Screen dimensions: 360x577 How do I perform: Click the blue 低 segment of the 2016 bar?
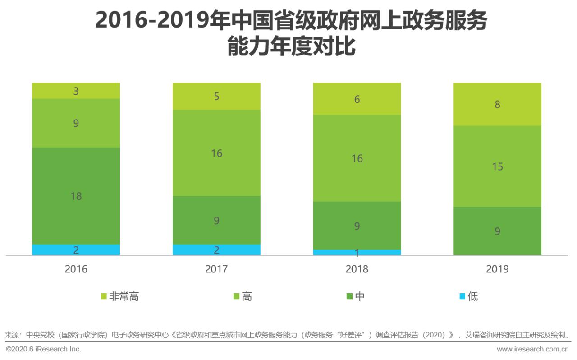point(76,250)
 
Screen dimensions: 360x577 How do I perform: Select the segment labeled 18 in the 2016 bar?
point(76,196)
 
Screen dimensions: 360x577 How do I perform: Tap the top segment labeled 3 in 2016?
point(76,91)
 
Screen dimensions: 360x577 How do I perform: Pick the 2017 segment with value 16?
point(216,153)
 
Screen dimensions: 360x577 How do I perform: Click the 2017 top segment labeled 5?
point(216,96)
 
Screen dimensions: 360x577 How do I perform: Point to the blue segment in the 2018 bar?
point(357,253)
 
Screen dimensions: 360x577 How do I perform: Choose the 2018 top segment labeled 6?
point(357,99)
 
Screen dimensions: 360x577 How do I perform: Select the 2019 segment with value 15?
point(497,166)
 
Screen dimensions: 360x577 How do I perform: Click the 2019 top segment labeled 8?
point(497,104)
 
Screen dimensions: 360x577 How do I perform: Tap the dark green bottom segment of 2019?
point(497,231)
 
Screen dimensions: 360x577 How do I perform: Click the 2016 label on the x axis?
point(76,269)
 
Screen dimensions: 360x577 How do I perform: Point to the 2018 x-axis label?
point(357,269)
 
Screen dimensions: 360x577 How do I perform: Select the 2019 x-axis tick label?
point(497,269)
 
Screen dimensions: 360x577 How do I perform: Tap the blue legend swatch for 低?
point(463,296)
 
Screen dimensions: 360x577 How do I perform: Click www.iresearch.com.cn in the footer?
point(532,349)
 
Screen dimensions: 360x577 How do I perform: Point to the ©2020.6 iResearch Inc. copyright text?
point(43,349)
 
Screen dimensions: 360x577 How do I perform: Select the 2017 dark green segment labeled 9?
point(216,220)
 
